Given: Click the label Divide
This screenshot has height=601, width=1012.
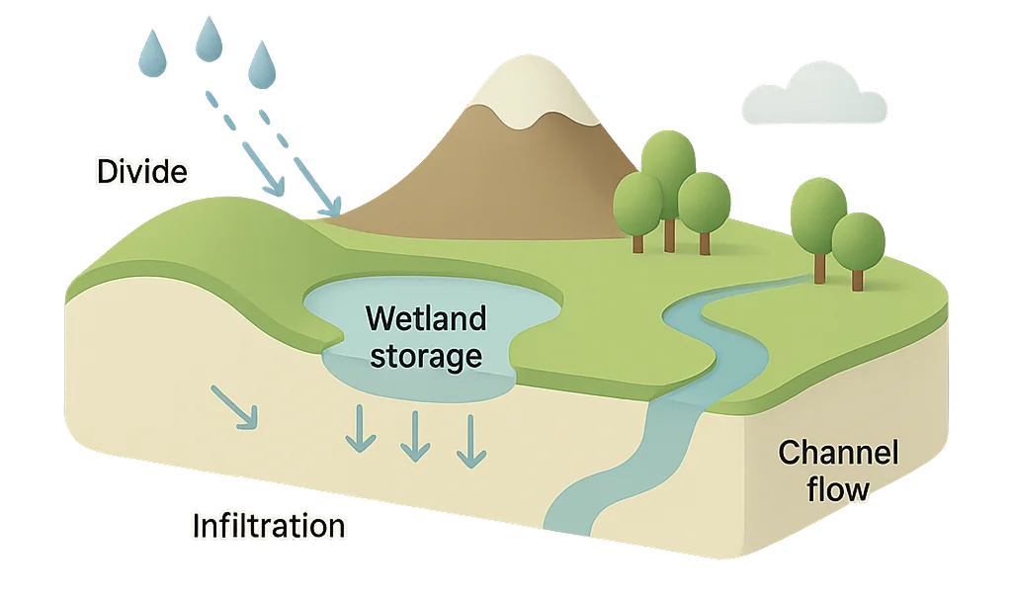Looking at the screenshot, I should (142, 172).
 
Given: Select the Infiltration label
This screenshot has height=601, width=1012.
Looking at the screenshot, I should (269, 525).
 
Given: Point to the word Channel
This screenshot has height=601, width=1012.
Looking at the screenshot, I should (838, 454).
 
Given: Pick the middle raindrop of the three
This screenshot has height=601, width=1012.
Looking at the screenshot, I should (209, 41).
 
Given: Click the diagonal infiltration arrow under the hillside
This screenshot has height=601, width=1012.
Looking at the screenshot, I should (235, 407).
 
